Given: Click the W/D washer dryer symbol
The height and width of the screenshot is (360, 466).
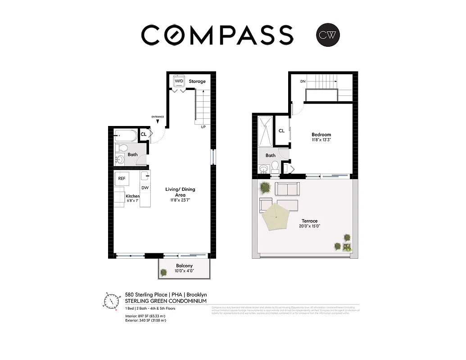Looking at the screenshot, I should (179, 81).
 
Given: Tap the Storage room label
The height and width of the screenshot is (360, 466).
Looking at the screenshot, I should (197, 81).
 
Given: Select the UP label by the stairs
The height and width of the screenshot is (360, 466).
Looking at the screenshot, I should (204, 126).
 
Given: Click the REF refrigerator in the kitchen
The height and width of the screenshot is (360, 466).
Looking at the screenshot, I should (122, 179).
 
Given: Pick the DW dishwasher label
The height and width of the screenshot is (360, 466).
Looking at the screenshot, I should (145, 188).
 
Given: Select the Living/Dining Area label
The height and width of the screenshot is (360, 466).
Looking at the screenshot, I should (180, 192).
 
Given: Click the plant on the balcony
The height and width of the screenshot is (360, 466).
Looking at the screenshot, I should (164, 272).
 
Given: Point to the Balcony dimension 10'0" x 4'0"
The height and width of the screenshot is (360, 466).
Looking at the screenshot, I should (184, 272).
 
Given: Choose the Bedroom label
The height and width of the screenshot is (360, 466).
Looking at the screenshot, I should (321, 135).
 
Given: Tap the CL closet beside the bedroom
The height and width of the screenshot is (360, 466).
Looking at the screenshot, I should (281, 131).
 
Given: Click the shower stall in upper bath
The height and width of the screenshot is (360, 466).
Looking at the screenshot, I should (265, 131).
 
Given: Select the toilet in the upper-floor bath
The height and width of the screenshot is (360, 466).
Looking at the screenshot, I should (275, 167).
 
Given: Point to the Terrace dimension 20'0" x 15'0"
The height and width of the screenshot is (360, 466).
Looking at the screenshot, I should (310, 226).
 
